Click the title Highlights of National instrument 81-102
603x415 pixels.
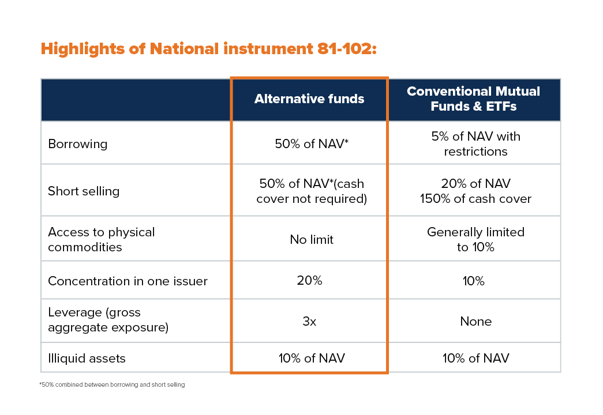coord(208,49)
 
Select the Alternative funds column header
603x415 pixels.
coord(309,99)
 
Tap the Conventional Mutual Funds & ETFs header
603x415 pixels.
coord(473,99)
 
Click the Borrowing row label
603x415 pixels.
coord(78,144)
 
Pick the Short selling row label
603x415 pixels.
coord(84,191)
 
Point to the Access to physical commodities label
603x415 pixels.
coord(101,239)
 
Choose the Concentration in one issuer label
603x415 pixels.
coord(128,281)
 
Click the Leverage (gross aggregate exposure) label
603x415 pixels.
coord(108,320)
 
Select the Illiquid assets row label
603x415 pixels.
coord(87,358)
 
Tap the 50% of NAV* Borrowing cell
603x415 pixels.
coord(312,144)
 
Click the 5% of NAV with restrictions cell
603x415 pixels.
coord(475,144)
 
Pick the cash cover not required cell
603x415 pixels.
coord(312,191)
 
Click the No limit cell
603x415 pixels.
coord(312,239)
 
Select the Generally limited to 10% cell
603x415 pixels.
coord(475,239)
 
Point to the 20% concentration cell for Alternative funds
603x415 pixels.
coord(309,281)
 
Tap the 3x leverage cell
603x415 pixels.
coord(309,321)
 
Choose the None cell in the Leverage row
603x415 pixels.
coord(475,321)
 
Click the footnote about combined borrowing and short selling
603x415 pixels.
coord(112,384)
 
